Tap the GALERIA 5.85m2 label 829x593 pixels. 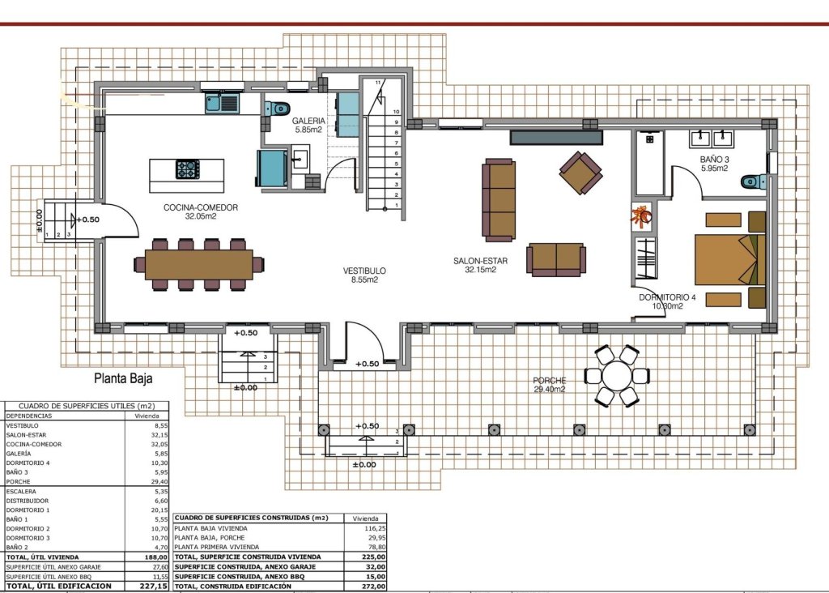tap(308, 125)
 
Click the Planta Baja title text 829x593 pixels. tap(123, 378)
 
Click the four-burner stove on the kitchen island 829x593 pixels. tap(187, 169)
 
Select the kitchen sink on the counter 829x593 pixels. tap(222, 103)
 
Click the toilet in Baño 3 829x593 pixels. tap(754, 182)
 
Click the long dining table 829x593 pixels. tap(198, 265)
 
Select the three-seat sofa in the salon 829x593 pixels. tap(499, 200)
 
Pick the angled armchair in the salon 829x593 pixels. tap(580, 173)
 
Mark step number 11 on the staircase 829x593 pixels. tap(377, 83)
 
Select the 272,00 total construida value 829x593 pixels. tap(373, 586)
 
